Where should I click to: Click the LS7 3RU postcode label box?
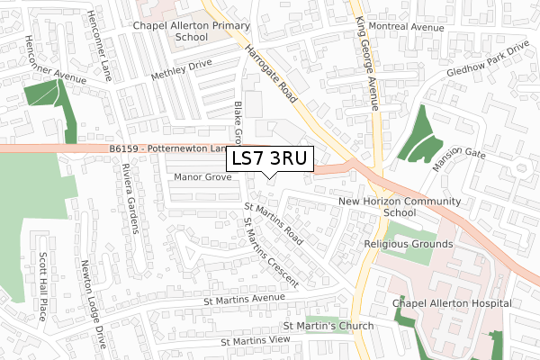(269, 158)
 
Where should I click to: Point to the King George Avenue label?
(364, 54)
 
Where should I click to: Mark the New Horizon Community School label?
(400, 207)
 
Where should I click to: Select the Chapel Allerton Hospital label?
(453, 304)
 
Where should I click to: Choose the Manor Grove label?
(203, 177)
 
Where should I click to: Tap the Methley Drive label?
(181, 69)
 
